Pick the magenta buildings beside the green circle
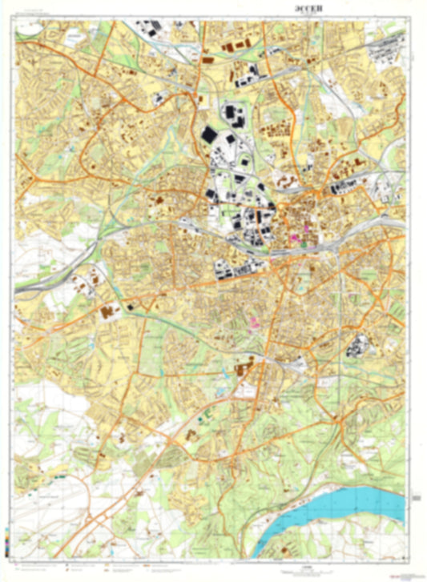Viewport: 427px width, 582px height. coord(292,239)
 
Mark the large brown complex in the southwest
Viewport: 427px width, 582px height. coord(107,311)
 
